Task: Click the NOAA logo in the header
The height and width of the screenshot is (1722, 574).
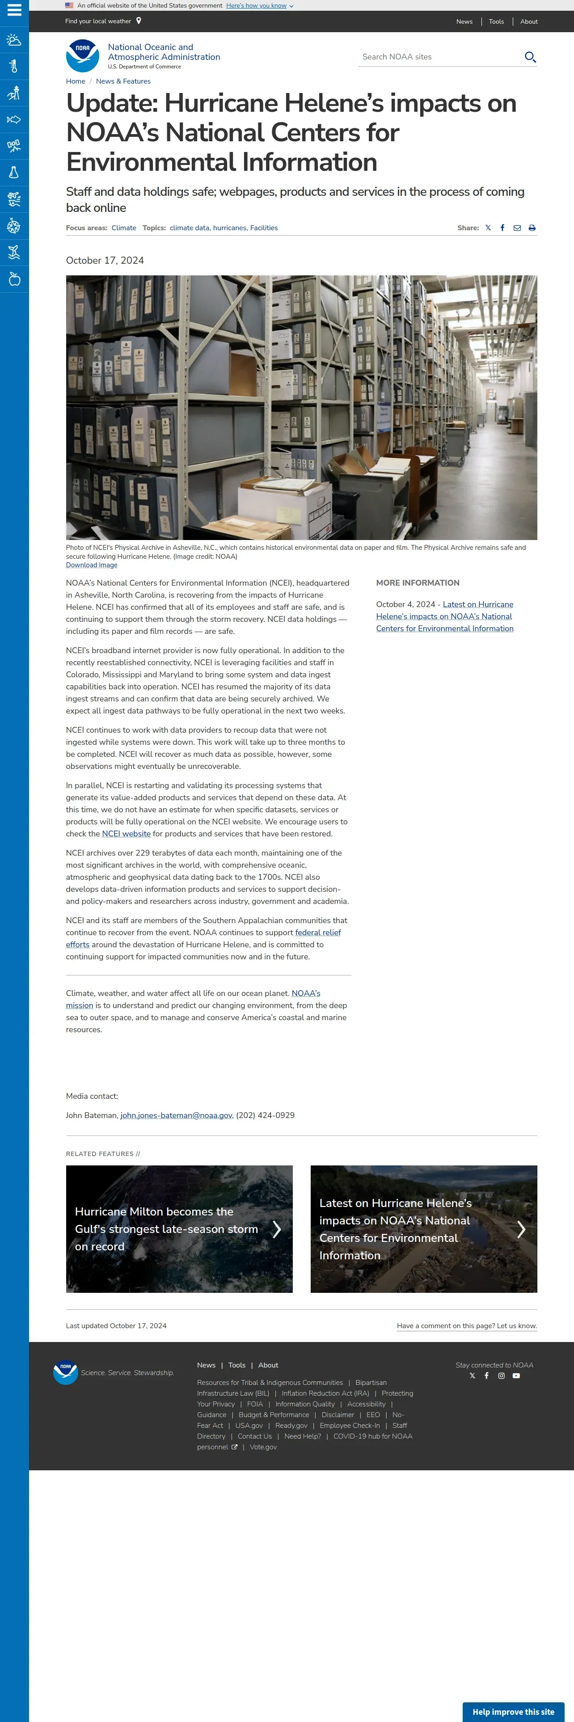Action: tap(83, 55)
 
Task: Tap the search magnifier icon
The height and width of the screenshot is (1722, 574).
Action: tap(530, 57)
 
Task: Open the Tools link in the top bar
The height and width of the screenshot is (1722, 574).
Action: tap(496, 21)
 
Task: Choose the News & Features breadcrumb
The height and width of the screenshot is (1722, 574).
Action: tap(123, 81)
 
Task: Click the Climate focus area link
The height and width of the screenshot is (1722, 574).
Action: tap(124, 228)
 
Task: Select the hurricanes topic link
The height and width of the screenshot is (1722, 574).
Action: tap(229, 228)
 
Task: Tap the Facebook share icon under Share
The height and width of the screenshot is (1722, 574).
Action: tap(502, 228)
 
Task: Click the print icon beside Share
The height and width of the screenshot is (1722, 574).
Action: tap(532, 228)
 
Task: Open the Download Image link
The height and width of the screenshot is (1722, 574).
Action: tap(92, 565)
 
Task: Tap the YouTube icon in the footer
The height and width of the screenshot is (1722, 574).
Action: tap(516, 1376)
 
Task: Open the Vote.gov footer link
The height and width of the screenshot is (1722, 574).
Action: tap(263, 1447)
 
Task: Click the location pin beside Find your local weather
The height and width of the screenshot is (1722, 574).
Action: tap(139, 21)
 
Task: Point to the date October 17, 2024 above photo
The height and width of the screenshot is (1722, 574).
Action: tap(105, 261)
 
